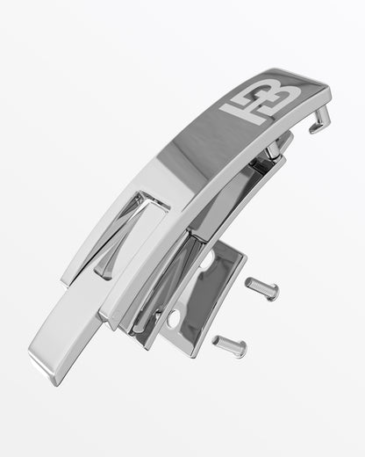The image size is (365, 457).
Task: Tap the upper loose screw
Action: pos(262,288)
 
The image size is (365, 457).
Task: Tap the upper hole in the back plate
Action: pos(208,260)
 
